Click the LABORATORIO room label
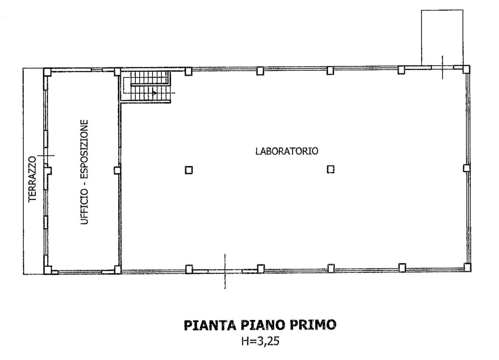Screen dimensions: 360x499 pyautogui.click(x=287, y=151)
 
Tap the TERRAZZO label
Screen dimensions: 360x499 pyautogui.click(x=32, y=179)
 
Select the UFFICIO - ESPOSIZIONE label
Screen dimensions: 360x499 pyautogui.click(x=85, y=172)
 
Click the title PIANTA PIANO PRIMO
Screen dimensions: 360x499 pyautogui.click(x=260, y=325)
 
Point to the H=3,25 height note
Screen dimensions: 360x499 pyautogui.click(x=260, y=342)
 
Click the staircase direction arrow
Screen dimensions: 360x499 pyautogui.click(x=155, y=93)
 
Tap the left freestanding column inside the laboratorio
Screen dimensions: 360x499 pyautogui.click(x=189, y=170)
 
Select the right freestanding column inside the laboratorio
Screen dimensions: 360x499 pyautogui.click(x=331, y=169)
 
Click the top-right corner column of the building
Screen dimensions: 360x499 pyautogui.click(x=466, y=69)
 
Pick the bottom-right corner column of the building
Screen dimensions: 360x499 pyautogui.click(x=467, y=267)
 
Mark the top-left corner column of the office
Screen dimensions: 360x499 pyautogui.click(x=47, y=72)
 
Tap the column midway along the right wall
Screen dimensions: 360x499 pyautogui.click(x=467, y=168)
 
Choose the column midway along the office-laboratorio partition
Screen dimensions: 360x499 pyautogui.click(x=117, y=170)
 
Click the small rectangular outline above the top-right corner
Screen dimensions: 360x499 pyautogui.click(x=442, y=37)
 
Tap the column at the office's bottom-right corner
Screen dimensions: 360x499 pyautogui.click(x=117, y=270)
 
